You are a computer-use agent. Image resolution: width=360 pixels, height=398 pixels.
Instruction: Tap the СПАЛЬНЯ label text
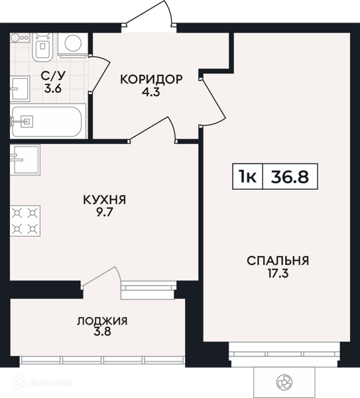pyautogui.click(x=278, y=260)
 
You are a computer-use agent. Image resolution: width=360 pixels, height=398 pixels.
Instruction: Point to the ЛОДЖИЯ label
pyautogui.click(x=102, y=321)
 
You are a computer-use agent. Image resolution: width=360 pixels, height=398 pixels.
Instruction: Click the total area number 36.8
pyautogui.click(x=290, y=176)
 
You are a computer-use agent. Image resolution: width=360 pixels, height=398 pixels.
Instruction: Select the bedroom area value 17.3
pyautogui.click(x=278, y=273)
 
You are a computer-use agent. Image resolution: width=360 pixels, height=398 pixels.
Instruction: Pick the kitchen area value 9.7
pyautogui.click(x=104, y=212)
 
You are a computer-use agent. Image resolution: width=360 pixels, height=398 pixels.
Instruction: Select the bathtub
pyautogui.click(x=46, y=121)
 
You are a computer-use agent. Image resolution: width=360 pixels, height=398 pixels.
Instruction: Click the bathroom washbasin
pyautogui.click(x=20, y=86)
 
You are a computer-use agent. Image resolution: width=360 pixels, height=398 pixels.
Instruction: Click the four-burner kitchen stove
pyautogui.click(x=25, y=222)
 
